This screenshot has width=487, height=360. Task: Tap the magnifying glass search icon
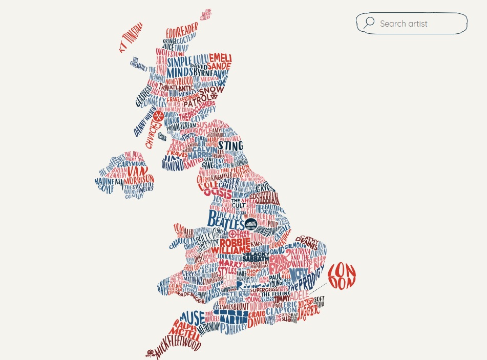(369, 23)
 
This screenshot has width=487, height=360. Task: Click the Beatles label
(226, 220)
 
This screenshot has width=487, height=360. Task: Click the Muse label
(193, 315)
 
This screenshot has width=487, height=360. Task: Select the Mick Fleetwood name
(176, 347)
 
